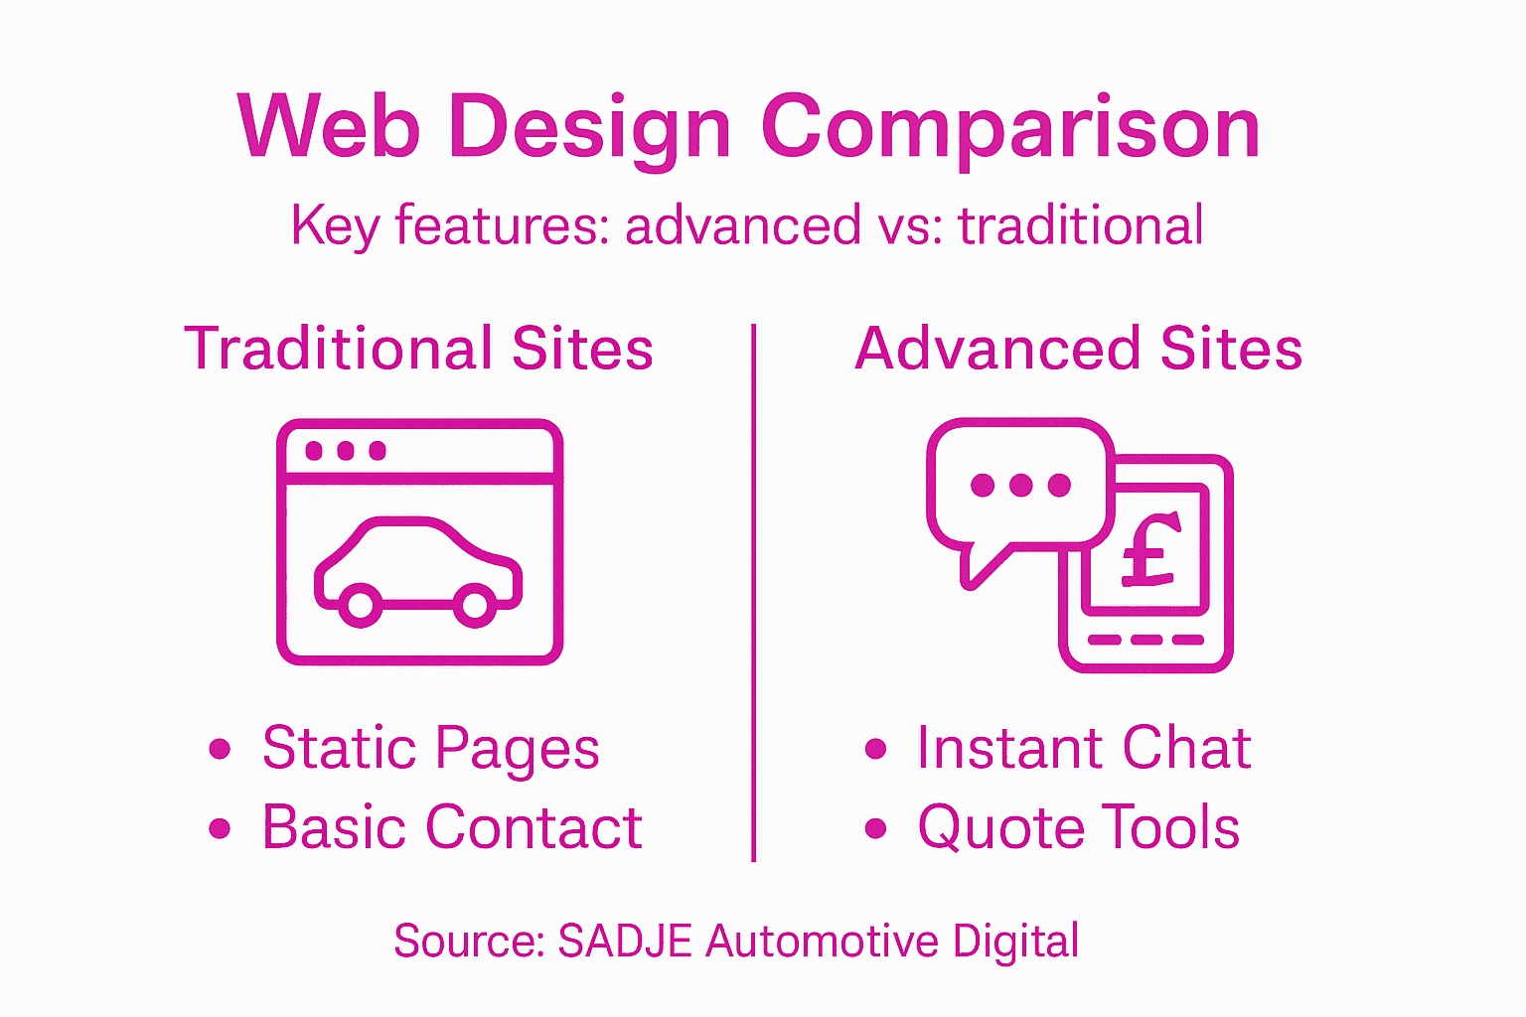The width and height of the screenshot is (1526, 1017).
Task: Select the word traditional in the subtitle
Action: coord(1081,225)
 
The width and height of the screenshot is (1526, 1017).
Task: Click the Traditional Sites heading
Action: coord(418,349)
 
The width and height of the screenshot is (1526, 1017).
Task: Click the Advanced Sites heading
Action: coord(1079,349)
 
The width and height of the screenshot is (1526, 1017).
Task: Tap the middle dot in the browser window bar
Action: coord(346,451)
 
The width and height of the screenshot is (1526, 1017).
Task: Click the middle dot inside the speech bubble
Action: coord(1020,485)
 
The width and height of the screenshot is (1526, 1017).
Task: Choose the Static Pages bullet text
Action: coord(430,748)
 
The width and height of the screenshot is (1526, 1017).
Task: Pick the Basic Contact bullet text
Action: coord(452,827)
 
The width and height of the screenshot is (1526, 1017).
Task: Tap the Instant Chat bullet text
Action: coord(1084,748)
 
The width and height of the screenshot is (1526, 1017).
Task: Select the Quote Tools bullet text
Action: coord(1079,827)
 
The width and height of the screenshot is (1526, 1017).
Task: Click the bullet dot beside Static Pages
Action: coord(221,749)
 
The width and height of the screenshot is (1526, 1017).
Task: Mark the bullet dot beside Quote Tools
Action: coord(875,828)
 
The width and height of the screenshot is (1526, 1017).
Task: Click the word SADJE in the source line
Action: coord(625,942)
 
